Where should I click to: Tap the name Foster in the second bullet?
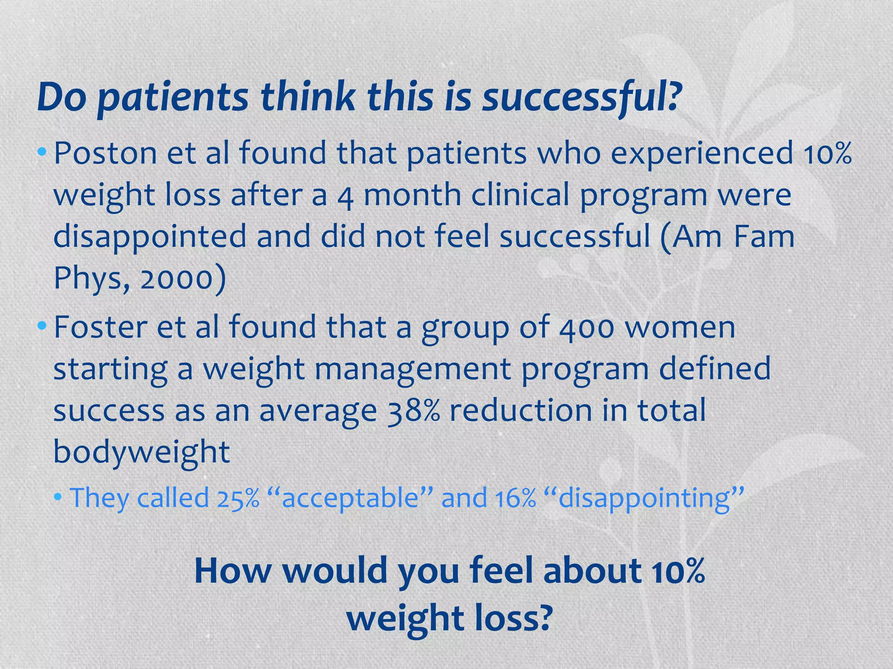pyautogui.click(x=100, y=327)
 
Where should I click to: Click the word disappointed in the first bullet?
pyautogui.click(x=150, y=237)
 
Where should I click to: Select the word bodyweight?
pyautogui.click(x=141, y=452)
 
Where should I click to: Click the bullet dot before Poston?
pyautogui.click(x=42, y=152)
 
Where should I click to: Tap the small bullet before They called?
pyautogui.click(x=58, y=497)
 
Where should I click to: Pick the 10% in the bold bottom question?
pyautogui.click(x=678, y=571)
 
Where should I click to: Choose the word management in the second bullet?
pyautogui.click(x=412, y=369)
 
